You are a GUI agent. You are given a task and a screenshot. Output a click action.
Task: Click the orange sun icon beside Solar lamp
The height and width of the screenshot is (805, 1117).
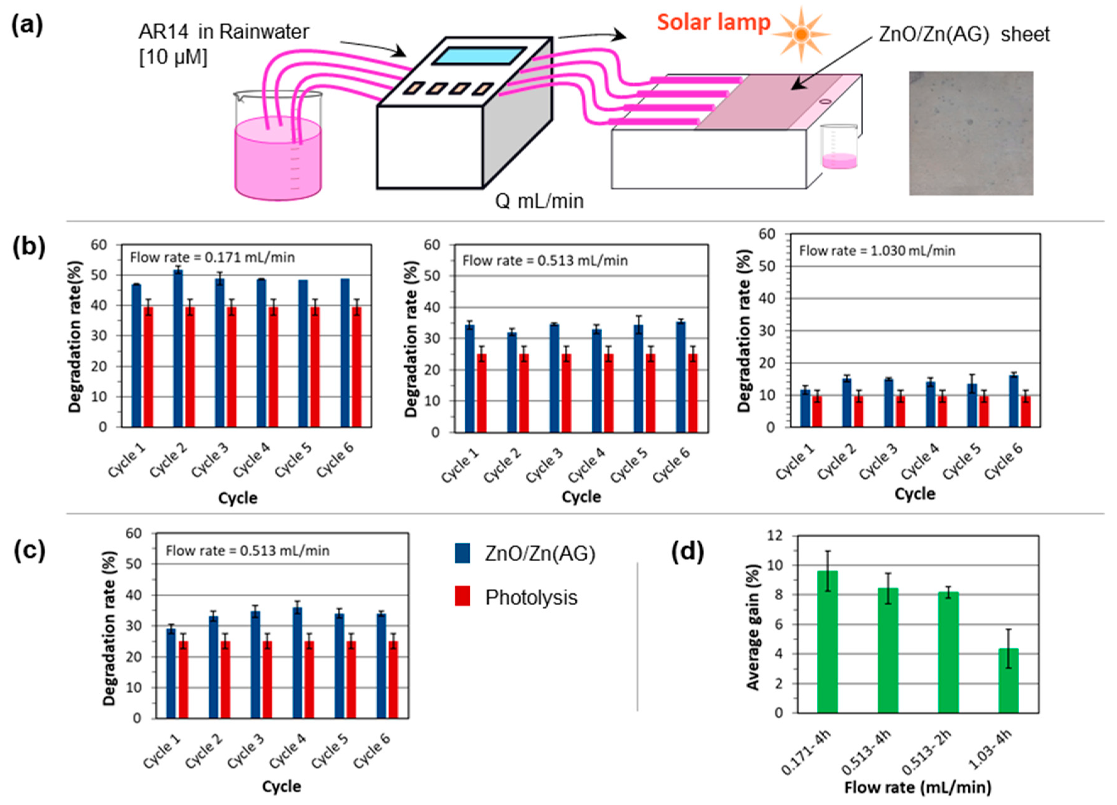801,34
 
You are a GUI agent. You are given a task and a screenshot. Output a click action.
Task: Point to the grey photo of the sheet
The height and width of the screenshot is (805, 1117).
971,133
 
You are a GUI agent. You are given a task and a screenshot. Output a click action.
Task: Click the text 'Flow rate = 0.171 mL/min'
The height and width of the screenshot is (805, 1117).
212,257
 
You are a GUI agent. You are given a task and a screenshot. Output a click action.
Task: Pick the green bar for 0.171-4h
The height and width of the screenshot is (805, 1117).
827,641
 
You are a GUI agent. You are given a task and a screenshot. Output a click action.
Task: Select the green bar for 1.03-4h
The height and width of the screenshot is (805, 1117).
1008,680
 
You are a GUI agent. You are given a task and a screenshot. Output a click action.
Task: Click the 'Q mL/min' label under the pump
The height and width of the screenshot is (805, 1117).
539,201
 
